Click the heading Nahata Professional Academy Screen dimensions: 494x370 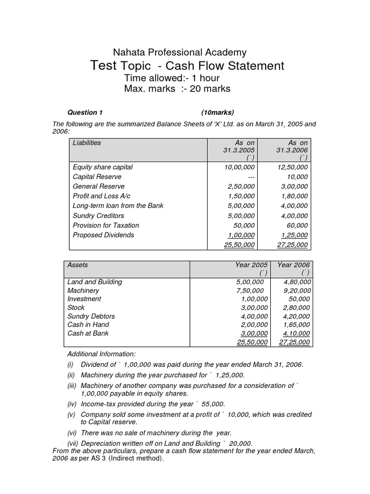[179, 52]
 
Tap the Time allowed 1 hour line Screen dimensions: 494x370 [172, 78]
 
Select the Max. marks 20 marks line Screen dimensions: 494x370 [177, 89]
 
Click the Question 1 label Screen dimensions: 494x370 [85, 113]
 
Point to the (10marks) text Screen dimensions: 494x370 [218, 113]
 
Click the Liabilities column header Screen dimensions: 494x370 [87, 143]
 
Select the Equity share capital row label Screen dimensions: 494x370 [102, 167]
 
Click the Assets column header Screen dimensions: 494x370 [78, 265]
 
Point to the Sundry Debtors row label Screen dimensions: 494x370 [91, 316]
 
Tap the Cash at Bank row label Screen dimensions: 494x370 [88, 333]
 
